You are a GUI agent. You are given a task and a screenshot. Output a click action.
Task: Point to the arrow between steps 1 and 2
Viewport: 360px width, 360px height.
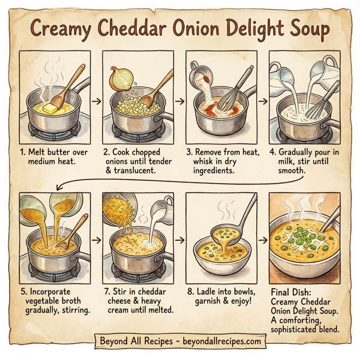click(x=96, y=99)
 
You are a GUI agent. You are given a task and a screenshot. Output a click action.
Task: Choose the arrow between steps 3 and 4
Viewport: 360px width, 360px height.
click(x=263, y=99)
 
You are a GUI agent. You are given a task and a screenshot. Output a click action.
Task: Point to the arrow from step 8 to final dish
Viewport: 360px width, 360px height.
click(x=263, y=240)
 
